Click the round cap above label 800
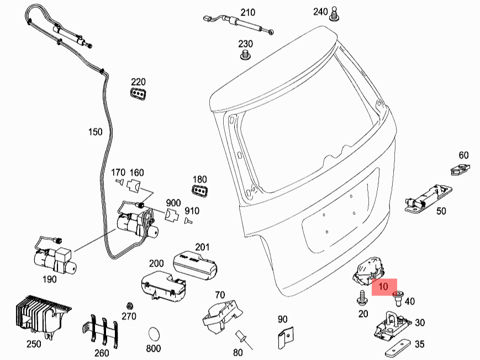click(154, 335)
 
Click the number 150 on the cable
click(96, 132)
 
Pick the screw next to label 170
click(119, 182)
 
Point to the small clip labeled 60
click(460, 169)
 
